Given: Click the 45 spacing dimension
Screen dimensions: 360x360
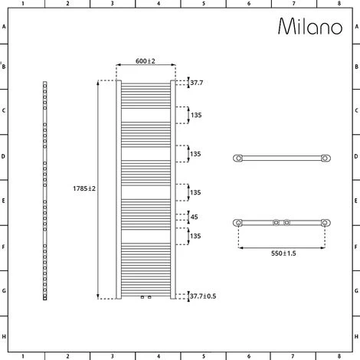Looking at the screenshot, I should click(196, 217).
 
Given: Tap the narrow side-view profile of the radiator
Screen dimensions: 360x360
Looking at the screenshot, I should click(45, 189).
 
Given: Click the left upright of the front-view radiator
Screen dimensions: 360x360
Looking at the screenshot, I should click(118, 188).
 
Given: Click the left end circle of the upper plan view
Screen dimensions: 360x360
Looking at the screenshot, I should click(239, 159).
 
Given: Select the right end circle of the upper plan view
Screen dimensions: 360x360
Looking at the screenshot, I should click(326, 159).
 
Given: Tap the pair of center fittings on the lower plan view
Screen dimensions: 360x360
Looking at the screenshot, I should click(281, 223).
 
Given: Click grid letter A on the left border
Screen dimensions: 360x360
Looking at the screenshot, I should click(4, 26).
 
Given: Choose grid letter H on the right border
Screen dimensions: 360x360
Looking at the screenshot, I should click(355, 336).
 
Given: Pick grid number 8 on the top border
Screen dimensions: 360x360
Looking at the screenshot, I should click(339, 4).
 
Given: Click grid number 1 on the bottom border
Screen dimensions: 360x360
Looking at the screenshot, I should click(22, 355).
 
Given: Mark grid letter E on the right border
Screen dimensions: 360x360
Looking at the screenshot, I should click(355, 203).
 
